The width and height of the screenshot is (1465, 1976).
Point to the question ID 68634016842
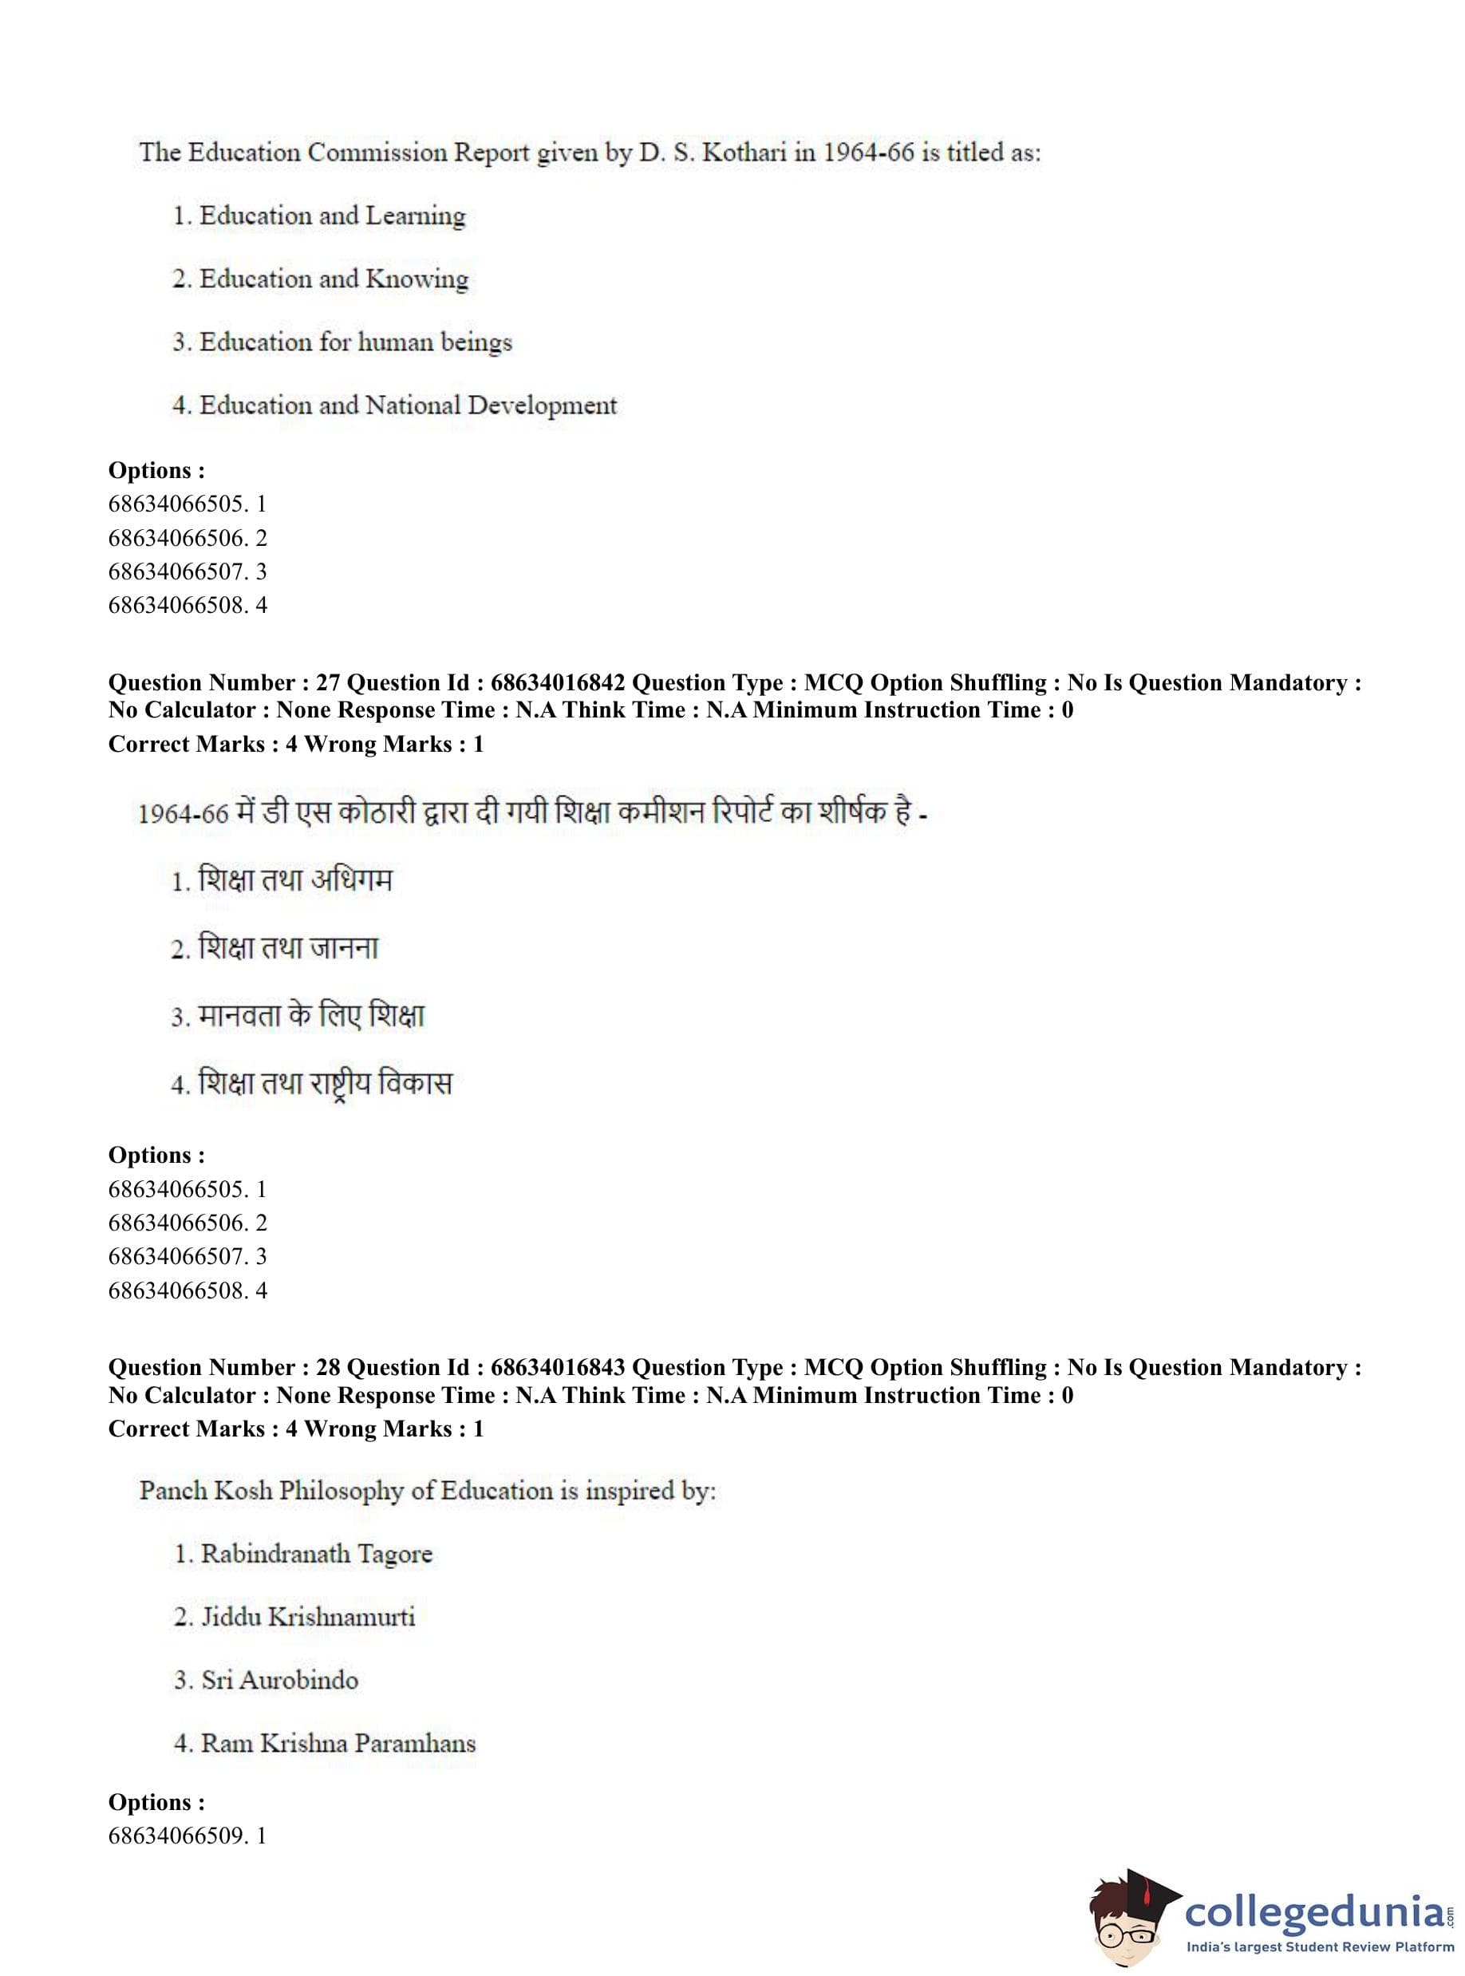pyautogui.click(x=558, y=683)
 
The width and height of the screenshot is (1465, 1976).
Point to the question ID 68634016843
pyautogui.click(x=558, y=1368)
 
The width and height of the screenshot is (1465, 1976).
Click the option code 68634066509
pyautogui.click(x=176, y=1836)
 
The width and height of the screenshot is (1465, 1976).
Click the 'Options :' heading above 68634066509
pyautogui.click(x=156, y=1802)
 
